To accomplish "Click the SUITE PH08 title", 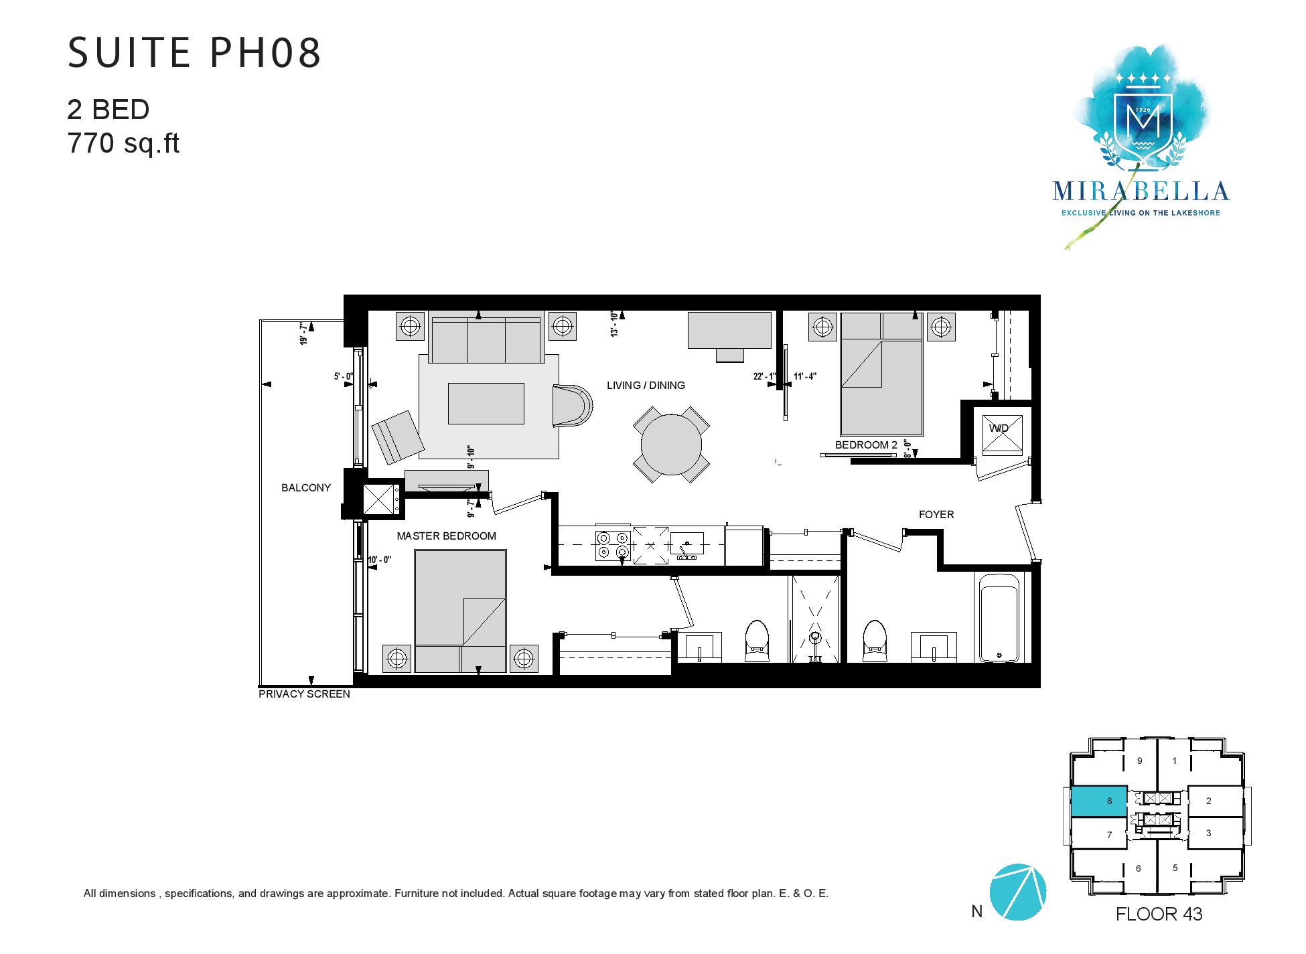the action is (195, 53).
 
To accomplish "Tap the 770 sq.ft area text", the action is (124, 143).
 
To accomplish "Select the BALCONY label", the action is (306, 488).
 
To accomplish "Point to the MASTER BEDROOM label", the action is (446, 536).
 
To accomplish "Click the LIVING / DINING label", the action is (646, 386).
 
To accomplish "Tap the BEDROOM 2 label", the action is (866, 445).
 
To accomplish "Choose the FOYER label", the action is (936, 515).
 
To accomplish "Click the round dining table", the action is (671, 445).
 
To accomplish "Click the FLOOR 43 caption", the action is (1159, 915).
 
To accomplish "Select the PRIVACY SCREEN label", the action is (305, 694).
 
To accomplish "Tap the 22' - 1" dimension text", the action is (764, 376).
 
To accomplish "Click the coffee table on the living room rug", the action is (486, 404).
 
